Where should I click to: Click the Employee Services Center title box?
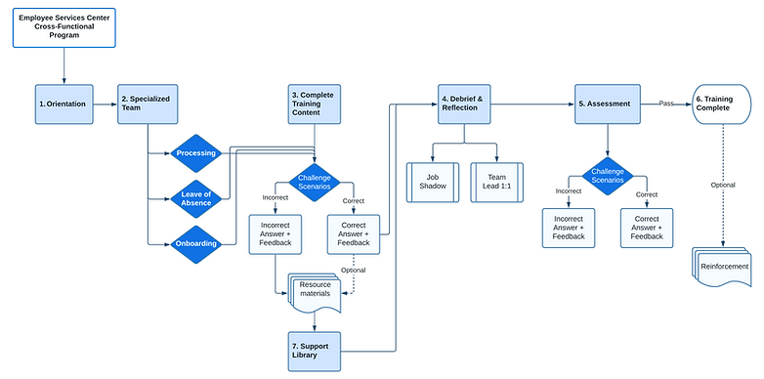click(x=64, y=26)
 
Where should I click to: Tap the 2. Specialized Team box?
click(x=148, y=104)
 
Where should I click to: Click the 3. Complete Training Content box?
click(x=315, y=104)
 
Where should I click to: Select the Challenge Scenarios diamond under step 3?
click(x=315, y=183)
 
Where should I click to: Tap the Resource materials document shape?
click(x=315, y=291)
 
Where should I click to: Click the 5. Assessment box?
click(x=609, y=104)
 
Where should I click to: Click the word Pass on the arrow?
click(x=666, y=103)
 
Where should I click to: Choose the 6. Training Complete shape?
click(x=724, y=104)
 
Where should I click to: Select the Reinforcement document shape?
click(x=724, y=267)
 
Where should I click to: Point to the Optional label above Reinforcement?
click(x=723, y=184)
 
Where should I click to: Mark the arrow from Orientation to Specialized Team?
click(x=106, y=104)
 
